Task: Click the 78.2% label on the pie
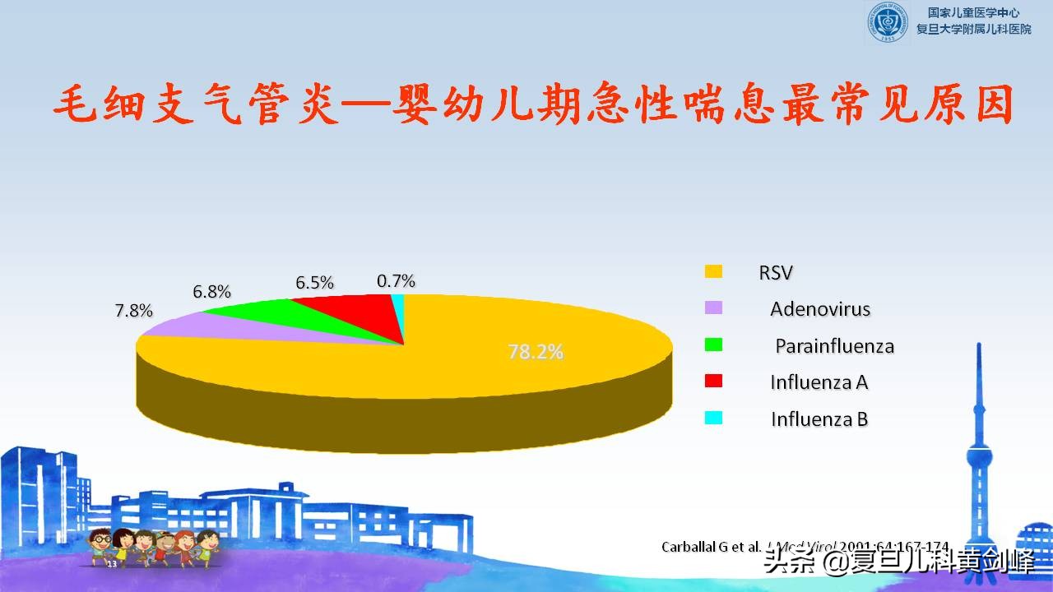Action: coord(536,352)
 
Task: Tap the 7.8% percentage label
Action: coord(134,311)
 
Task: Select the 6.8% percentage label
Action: coord(211,291)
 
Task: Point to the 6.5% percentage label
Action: coord(314,283)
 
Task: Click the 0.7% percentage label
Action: coord(396,281)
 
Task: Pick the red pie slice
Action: coord(354,311)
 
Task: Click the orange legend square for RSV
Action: coord(713,272)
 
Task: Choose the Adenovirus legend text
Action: coord(820,309)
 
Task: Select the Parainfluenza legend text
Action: coord(834,346)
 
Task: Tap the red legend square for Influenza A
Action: coord(713,381)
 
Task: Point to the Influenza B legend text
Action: coord(819,419)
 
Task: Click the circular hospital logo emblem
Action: coord(887,21)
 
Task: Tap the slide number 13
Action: coord(112,564)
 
